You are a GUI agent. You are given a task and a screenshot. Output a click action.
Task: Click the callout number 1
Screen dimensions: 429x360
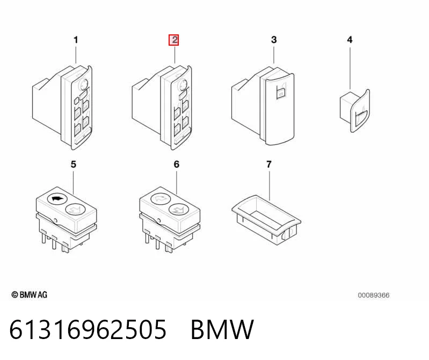tap(76, 40)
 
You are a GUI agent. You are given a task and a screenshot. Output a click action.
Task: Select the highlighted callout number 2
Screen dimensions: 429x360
tap(174, 40)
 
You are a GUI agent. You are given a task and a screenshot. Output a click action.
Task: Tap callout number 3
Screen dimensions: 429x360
tap(274, 40)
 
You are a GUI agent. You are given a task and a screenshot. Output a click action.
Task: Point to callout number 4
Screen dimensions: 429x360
tap(350, 40)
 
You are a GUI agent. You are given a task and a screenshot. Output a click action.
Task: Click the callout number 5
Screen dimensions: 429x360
tap(74, 164)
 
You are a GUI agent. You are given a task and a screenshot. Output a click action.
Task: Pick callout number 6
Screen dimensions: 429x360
tap(177, 164)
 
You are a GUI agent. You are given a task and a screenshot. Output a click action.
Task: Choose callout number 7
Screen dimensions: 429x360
tap(269, 164)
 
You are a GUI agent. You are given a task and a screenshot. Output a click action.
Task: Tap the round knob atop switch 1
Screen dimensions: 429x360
tap(84, 84)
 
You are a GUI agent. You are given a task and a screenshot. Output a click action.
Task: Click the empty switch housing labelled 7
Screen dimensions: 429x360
tap(266, 220)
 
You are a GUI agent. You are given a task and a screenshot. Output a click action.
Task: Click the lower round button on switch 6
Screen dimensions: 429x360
tap(178, 210)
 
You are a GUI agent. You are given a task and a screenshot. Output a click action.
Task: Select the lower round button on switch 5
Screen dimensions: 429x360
tap(75, 210)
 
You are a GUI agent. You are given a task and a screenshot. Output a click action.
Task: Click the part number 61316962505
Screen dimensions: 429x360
tap(88, 329)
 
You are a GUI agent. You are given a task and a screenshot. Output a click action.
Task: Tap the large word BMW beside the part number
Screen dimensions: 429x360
tap(222, 329)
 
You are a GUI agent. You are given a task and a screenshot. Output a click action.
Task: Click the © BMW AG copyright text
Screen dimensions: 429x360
tap(30, 295)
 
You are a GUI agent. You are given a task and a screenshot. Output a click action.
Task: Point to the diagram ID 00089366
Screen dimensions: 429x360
tap(374, 295)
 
